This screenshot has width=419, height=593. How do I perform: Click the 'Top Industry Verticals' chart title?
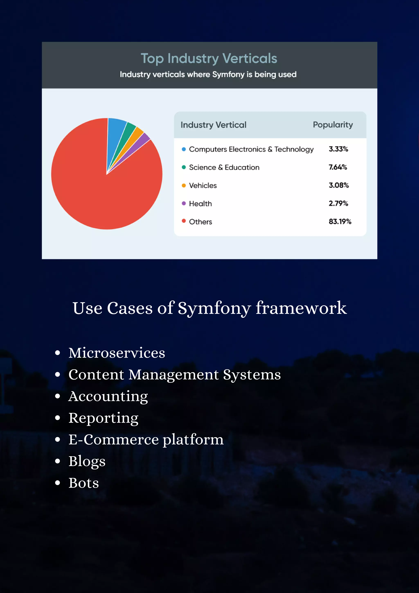click(x=209, y=58)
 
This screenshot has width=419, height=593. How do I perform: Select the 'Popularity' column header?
click(x=333, y=125)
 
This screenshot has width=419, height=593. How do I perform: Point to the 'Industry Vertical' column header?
click(x=213, y=125)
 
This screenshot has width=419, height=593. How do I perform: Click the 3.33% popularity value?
click(x=338, y=149)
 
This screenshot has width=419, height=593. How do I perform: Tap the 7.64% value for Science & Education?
click(x=338, y=167)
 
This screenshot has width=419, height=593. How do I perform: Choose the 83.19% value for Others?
click(x=340, y=221)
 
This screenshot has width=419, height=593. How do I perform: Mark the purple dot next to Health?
click(x=184, y=203)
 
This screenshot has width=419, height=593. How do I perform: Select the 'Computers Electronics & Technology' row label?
click(x=251, y=149)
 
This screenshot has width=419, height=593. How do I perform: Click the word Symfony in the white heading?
click(x=214, y=308)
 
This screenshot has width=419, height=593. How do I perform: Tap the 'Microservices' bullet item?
click(x=117, y=353)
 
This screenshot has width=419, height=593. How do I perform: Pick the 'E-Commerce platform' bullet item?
click(x=146, y=440)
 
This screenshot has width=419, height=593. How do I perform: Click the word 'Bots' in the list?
click(x=84, y=483)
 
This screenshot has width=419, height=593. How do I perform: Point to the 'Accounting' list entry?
click(x=108, y=396)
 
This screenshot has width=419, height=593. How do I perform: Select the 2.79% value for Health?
click(x=338, y=203)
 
